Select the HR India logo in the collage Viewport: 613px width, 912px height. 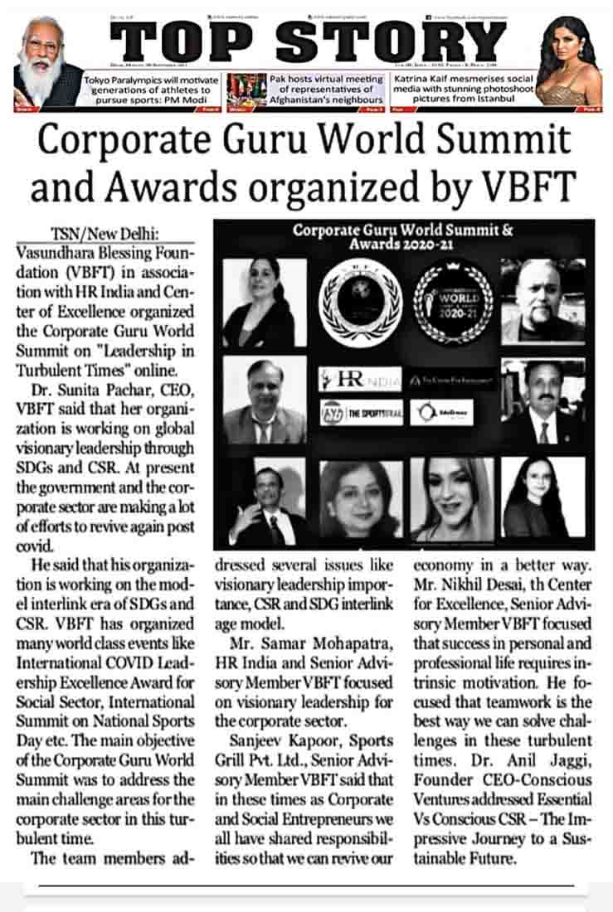pyautogui.click(x=359, y=380)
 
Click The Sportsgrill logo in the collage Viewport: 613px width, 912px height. pyautogui.click(x=359, y=412)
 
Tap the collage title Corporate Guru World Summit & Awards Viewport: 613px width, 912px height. pyautogui.click(x=403, y=237)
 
